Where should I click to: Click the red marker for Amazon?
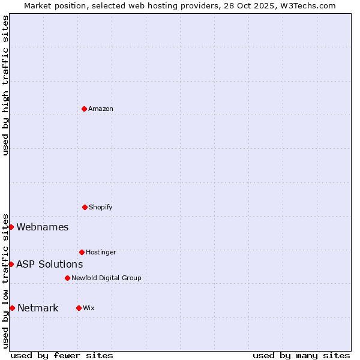(x=84, y=109)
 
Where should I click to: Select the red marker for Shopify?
(x=85, y=207)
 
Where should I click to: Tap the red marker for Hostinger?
(x=82, y=252)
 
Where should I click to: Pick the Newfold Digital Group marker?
(x=67, y=278)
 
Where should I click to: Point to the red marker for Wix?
(x=79, y=308)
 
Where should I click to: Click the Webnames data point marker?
(x=11, y=227)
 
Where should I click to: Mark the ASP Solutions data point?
(x=11, y=264)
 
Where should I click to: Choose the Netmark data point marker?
(x=12, y=308)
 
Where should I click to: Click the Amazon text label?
(x=101, y=109)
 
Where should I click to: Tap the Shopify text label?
(x=101, y=207)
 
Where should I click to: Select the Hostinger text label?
(x=101, y=252)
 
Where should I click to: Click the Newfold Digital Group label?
(x=106, y=278)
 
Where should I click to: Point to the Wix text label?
(x=89, y=308)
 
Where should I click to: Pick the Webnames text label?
(x=43, y=227)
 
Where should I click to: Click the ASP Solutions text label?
(x=50, y=264)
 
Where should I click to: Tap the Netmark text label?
(x=38, y=308)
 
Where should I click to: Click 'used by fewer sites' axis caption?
(x=62, y=355)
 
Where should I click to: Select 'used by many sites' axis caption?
(x=301, y=355)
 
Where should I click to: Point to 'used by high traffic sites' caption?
(x=5, y=85)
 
